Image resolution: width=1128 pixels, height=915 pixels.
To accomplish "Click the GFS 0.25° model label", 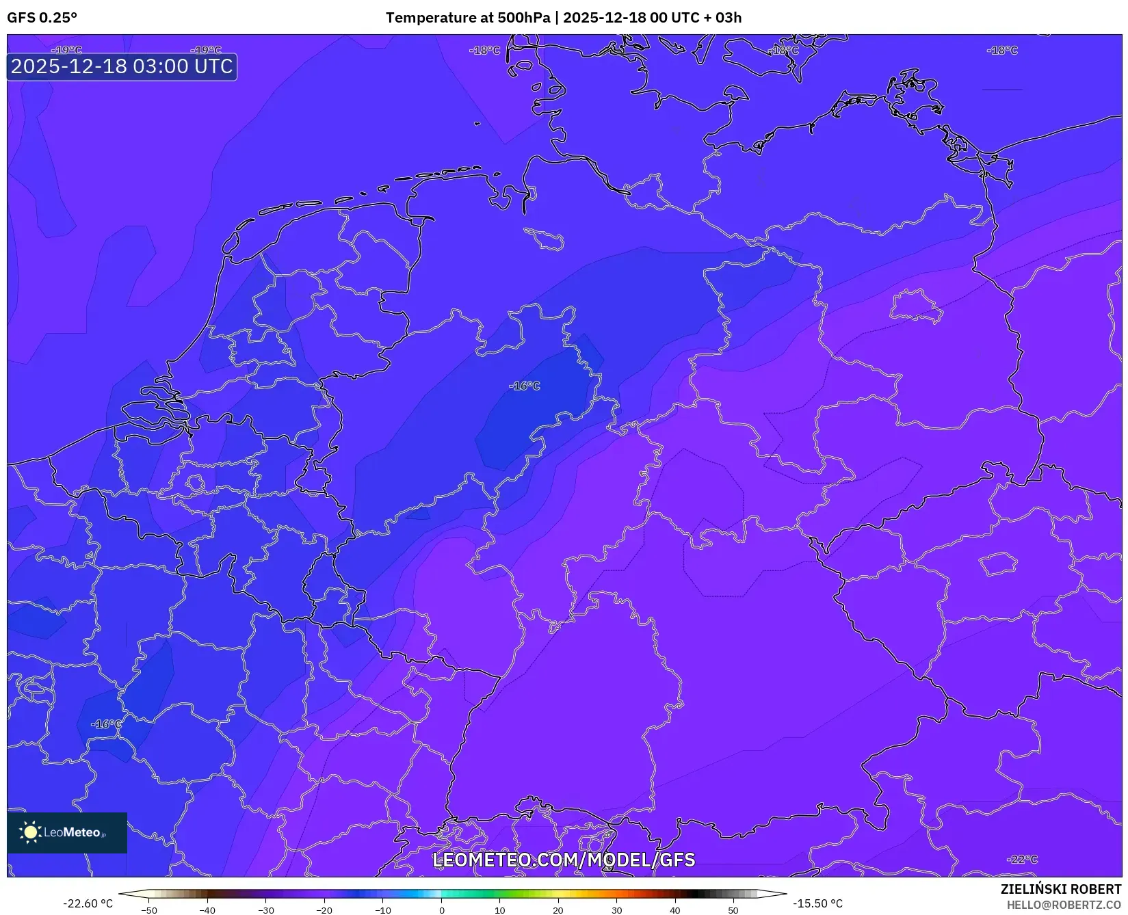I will click(42, 18).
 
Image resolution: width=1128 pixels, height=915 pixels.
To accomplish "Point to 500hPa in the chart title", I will click(523, 18).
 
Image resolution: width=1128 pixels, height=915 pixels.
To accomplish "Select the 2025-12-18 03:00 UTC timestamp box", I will click(122, 67).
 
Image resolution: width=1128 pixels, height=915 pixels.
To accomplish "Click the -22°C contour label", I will click(1023, 860).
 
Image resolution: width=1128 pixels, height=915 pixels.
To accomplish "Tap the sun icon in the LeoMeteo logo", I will click(31, 832).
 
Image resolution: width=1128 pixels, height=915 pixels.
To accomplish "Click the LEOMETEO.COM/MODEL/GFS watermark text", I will click(564, 860).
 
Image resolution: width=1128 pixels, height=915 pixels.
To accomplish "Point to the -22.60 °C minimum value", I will click(88, 903).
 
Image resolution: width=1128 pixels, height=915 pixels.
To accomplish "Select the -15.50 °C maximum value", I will click(817, 903).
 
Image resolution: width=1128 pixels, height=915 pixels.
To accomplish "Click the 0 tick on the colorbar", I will click(441, 910).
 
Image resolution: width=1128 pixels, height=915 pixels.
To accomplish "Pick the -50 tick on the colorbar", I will click(148, 910).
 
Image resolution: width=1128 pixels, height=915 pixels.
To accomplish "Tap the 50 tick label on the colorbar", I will click(733, 910).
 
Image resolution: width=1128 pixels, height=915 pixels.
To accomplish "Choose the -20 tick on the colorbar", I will click(324, 910).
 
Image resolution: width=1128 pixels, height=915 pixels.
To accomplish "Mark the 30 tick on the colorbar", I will click(616, 910).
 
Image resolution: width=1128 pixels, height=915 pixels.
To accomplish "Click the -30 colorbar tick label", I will click(265, 910).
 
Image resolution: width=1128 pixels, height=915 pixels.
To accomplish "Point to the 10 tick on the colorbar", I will click(499, 910).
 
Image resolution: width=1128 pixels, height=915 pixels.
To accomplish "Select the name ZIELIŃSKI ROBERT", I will click(1061, 890).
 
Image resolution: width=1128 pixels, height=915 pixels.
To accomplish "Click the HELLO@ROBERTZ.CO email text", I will click(1064, 905).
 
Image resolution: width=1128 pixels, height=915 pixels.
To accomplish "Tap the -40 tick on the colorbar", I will click(207, 910).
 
